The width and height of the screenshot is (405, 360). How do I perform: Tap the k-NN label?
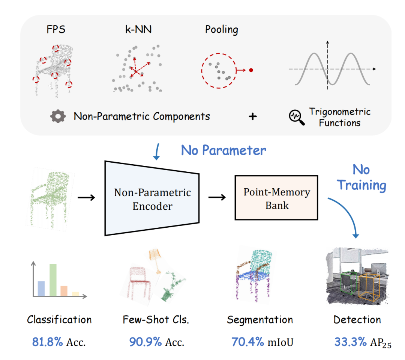tap(138, 29)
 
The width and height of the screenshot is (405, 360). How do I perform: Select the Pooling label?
tap(221, 29)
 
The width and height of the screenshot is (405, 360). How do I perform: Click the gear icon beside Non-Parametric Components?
tap(58, 116)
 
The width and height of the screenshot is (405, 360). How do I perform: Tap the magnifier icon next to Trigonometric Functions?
tap(296, 117)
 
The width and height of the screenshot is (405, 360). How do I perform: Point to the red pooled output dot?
tap(251, 70)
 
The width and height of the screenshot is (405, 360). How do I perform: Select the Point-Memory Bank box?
tap(277, 198)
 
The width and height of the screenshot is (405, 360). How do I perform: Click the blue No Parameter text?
tap(223, 150)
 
